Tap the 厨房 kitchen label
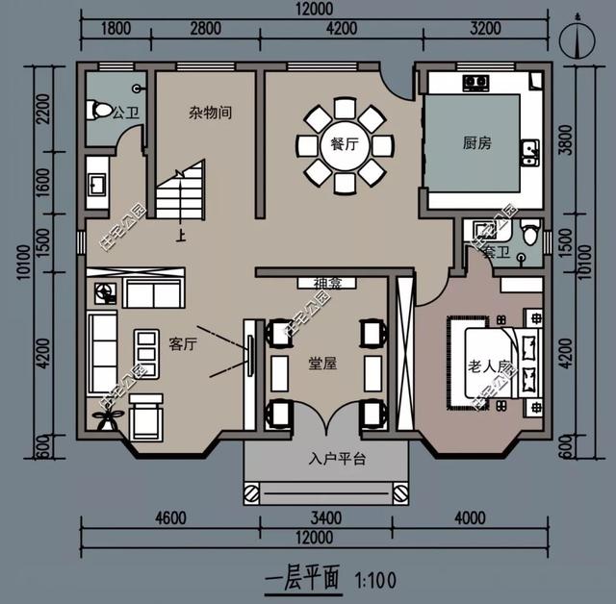476,143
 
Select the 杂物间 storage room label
209,113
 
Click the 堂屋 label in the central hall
321,364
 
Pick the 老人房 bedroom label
488,366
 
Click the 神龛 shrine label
321,283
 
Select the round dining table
344,146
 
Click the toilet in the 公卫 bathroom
99,111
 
